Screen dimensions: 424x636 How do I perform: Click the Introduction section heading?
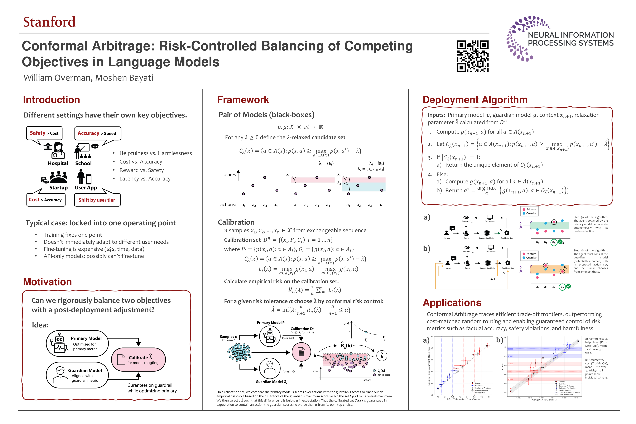tap(51, 100)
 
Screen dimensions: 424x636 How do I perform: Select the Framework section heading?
tap(243, 100)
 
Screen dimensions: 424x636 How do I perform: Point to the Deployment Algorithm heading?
tap(475, 100)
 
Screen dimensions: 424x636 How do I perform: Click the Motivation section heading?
tap(47, 282)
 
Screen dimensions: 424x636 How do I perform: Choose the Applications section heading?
tap(452, 303)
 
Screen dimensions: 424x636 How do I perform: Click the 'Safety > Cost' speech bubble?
tap(44, 133)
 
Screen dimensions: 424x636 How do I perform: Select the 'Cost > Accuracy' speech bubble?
tap(46, 200)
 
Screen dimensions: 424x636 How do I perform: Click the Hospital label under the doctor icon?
tap(58, 163)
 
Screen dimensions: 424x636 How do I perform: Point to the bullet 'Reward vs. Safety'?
tap(141, 170)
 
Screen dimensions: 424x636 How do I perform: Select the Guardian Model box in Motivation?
tap(77, 375)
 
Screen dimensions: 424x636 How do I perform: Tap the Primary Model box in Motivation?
tap(77, 343)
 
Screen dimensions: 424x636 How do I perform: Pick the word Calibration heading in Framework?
tap(236, 222)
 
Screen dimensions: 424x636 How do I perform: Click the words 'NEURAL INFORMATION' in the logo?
tap(571, 35)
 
